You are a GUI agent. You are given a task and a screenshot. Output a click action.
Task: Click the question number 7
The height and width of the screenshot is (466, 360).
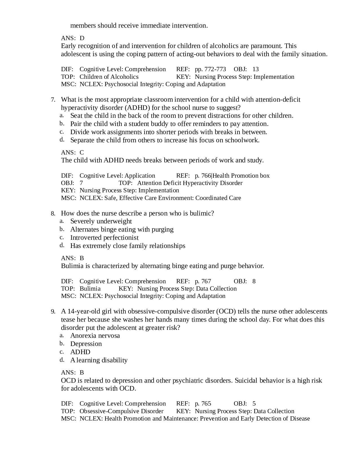53,100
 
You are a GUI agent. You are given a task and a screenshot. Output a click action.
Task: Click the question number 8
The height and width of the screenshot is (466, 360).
53,214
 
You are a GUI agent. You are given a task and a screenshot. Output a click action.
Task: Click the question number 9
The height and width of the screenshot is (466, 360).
53,312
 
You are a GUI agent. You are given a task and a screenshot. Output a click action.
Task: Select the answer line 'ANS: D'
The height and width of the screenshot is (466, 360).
73,38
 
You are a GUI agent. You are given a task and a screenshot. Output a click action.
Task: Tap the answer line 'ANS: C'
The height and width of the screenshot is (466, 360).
73,153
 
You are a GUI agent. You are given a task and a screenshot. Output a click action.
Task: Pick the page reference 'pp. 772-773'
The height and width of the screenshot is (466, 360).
210,69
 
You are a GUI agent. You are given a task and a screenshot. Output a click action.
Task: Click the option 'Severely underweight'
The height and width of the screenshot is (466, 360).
101,221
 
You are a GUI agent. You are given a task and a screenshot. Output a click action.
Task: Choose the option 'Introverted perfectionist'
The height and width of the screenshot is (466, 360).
104,238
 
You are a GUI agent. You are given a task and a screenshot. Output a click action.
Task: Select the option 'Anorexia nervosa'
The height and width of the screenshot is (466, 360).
95,336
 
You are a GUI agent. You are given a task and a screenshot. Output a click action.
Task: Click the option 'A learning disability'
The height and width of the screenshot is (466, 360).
99,360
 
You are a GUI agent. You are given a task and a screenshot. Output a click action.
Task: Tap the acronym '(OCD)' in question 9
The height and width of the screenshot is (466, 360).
226,311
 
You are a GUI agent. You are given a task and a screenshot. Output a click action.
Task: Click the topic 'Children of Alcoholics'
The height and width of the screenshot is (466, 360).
109,77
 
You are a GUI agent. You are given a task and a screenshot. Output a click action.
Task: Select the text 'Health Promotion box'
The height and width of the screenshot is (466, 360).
241,176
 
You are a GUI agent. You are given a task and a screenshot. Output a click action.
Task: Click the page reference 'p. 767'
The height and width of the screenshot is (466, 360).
203,281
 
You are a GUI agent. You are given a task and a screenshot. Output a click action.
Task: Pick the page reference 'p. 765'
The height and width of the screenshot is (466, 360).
203,404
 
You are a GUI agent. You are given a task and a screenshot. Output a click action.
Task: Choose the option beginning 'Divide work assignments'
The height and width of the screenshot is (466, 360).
169,132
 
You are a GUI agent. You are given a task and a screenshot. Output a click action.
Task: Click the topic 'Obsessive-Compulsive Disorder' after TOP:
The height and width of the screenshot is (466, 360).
121,411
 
